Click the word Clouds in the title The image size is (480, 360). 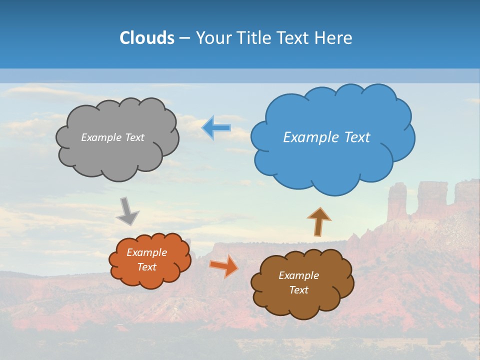coord(146,38)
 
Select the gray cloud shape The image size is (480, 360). coord(117,155)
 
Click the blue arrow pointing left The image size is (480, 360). coord(216,127)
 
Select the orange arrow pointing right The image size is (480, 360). coord(224,265)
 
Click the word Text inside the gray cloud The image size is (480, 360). coord(133,137)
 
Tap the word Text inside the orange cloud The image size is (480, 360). coord(146,267)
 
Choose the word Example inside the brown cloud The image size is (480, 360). coord(298,275)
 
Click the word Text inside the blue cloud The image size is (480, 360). coord(357,137)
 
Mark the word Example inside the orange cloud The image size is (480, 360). coord(146,252)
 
